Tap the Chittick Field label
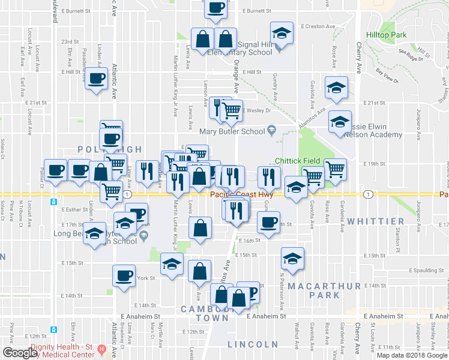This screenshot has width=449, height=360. (x=298, y=161)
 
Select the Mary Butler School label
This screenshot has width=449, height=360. (x=233, y=131)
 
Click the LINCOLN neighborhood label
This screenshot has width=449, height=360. (x=253, y=344)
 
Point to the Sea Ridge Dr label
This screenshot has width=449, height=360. (x=411, y=58)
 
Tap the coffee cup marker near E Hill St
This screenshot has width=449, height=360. (x=95, y=78)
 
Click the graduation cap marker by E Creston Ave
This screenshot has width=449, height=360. (x=281, y=33)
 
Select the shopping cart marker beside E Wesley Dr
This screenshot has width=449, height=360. (x=232, y=110)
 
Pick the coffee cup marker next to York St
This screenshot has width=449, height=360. (x=124, y=275)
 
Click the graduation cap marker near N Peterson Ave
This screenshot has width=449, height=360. (x=292, y=259)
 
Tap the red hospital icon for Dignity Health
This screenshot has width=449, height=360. (x=101, y=349)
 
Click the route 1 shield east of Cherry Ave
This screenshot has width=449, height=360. (x=368, y=194)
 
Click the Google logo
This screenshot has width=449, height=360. (x=20, y=353)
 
